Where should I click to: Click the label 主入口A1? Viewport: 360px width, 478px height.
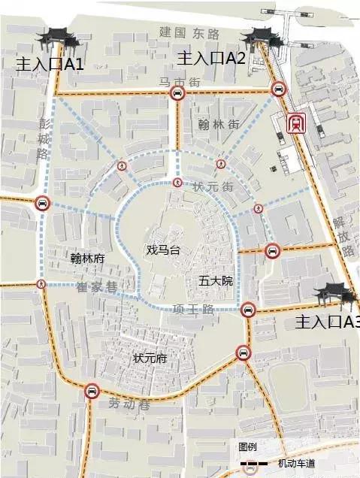click(x=49, y=64)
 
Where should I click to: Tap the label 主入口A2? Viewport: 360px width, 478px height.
click(x=211, y=59)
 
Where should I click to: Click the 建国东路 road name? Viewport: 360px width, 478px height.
click(x=189, y=33)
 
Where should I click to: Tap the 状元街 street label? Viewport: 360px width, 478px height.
click(x=214, y=186)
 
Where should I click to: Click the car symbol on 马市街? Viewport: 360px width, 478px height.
click(x=177, y=93)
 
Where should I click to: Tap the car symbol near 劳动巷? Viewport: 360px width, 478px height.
click(x=92, y=391)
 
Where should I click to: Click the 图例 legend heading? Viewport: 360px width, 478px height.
click(x=247, y=446)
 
